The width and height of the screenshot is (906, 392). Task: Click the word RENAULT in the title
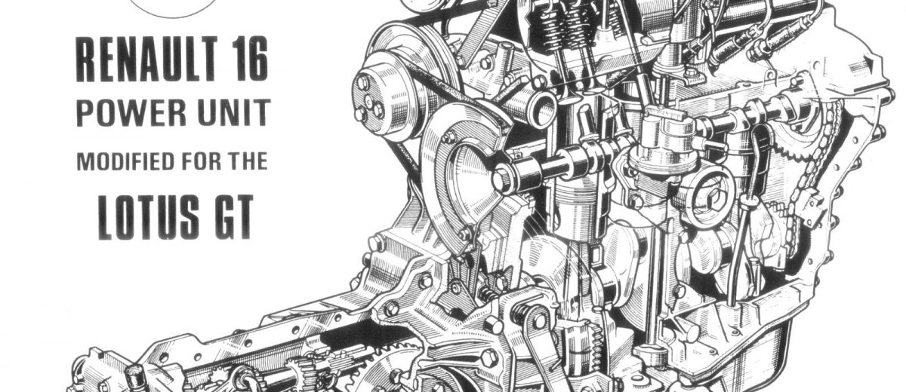[x=145, y=59]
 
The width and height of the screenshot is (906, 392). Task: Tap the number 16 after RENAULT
[x=248, y=59]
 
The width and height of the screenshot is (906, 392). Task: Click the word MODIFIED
[x=125, y=161]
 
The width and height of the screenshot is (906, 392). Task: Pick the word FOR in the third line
[x=201, y=161]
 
